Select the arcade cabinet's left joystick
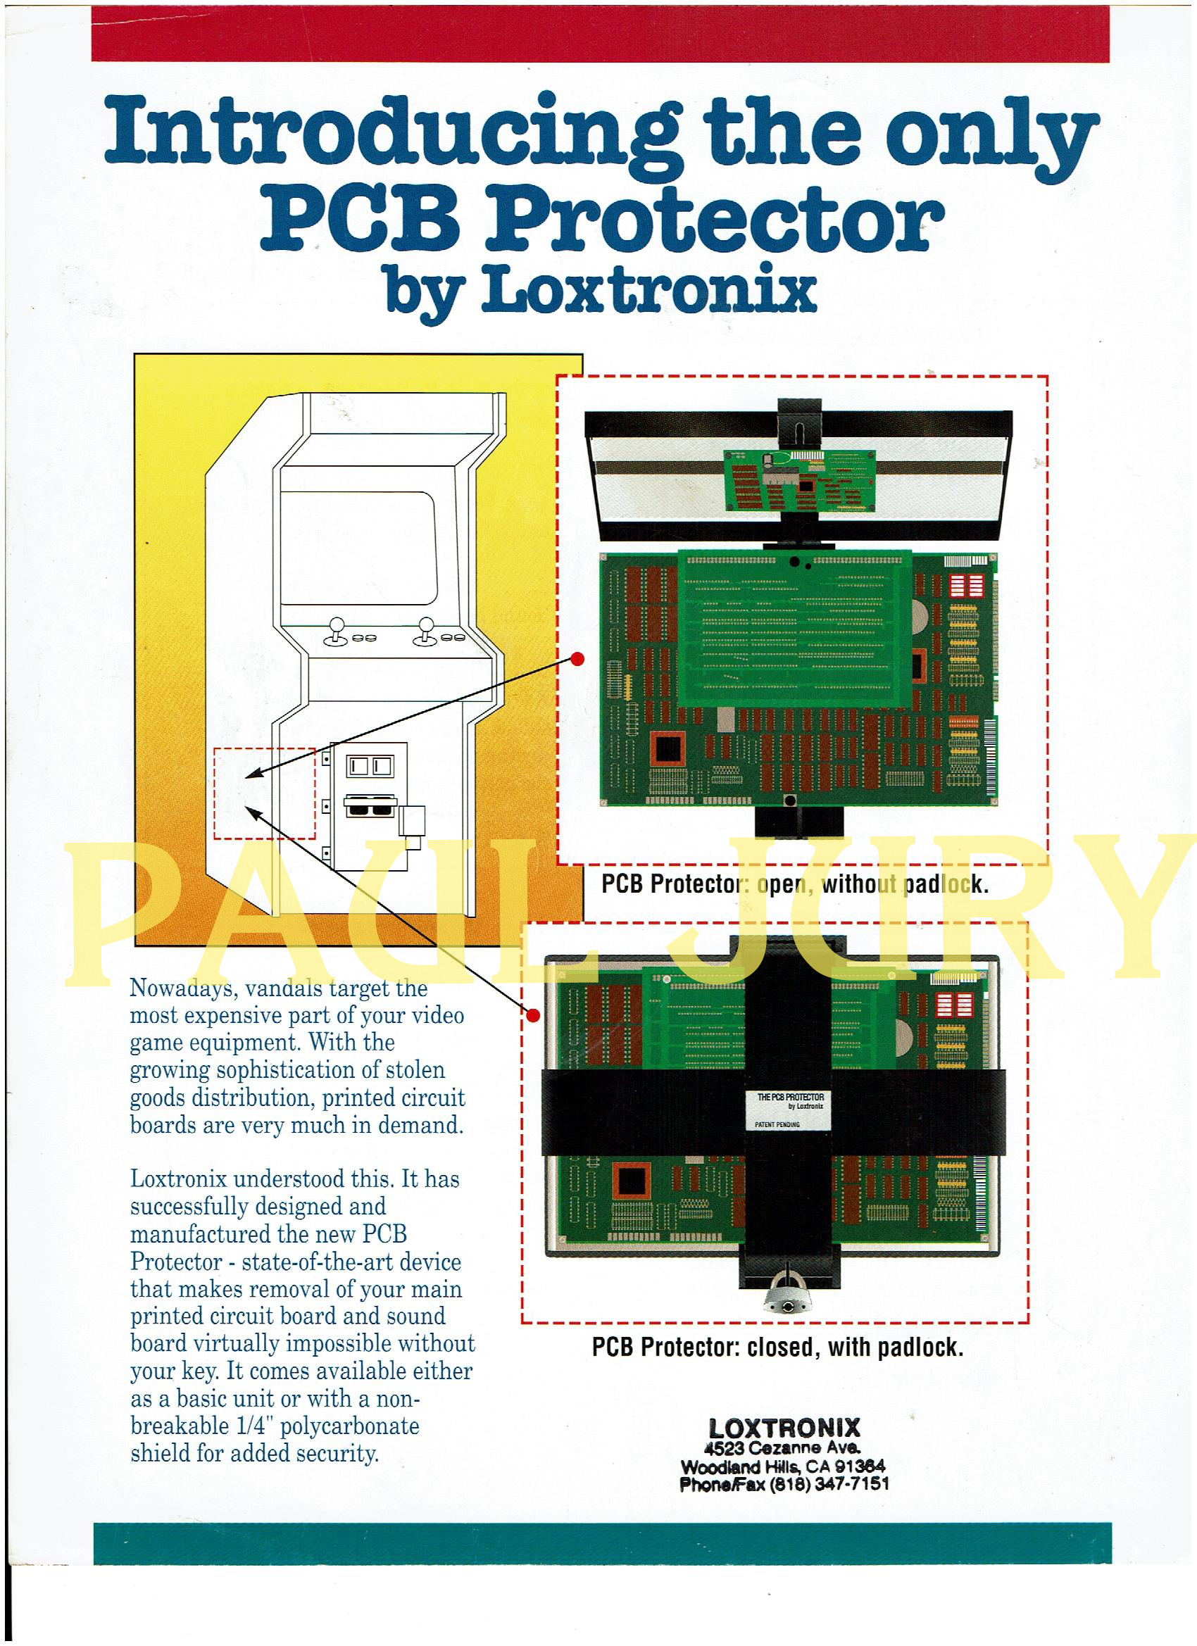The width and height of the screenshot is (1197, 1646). pyautogui.click(x=336, y=630)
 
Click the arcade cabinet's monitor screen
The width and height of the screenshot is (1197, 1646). pyautogui.click(x=357, y=548)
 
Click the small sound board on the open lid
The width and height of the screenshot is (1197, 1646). pyautogui.click(x=799, y=481)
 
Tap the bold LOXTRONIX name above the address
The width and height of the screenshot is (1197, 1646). pyautogui.click(x=783, y=1428)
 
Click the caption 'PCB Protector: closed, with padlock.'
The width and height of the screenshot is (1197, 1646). pyautogui.click(x=777, y=1347)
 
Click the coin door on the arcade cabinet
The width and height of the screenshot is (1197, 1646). pyautogui.click(x=369, y=805)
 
